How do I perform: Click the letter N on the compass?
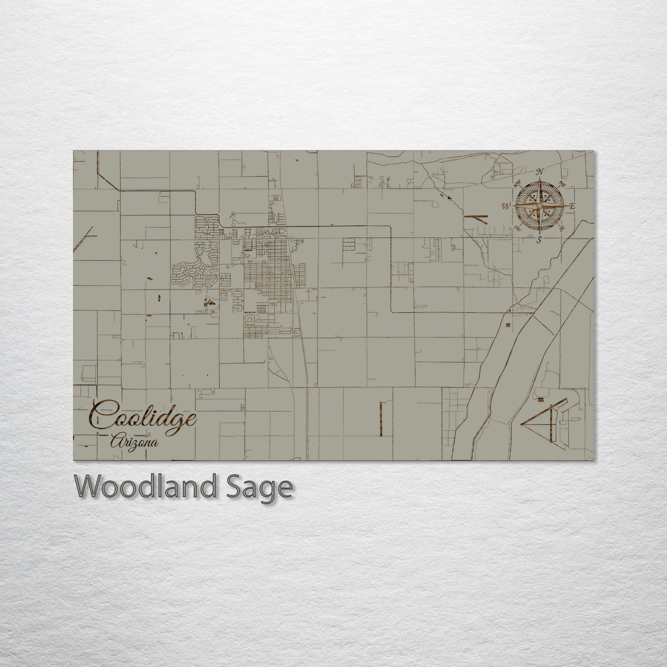540,172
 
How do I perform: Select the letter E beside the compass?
572,206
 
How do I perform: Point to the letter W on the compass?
506,206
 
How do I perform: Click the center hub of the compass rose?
540,206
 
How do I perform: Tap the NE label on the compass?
561,183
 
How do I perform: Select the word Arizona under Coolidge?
134,442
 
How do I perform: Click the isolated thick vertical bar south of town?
380,418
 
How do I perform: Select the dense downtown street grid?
269,272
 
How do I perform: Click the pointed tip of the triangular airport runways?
522,424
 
